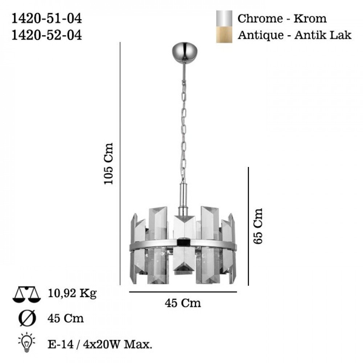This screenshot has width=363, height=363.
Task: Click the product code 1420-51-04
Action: point(46,19)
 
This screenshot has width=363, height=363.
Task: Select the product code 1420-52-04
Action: point(46,36)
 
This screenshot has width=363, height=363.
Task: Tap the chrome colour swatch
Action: point(224,18)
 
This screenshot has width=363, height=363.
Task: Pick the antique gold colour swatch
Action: point(224,35)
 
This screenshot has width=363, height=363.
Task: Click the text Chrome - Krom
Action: point(282,19)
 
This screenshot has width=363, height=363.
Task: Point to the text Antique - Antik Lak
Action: point(294,35)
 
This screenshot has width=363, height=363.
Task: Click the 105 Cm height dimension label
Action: point(108,164)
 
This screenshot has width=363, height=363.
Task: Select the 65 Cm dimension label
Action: point(258,226)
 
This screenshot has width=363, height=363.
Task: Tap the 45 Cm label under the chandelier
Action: point(183,303)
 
